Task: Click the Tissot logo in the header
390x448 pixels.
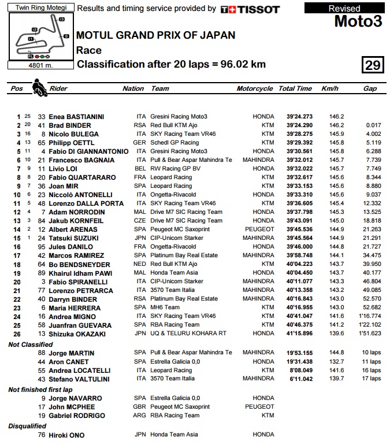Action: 250,9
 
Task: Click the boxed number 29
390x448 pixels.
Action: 373,65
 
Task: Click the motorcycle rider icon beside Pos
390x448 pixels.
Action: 39,88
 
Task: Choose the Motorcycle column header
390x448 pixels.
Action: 254,88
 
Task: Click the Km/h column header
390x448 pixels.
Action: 329,88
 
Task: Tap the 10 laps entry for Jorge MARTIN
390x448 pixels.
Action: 371,353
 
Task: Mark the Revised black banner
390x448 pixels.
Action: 344,8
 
